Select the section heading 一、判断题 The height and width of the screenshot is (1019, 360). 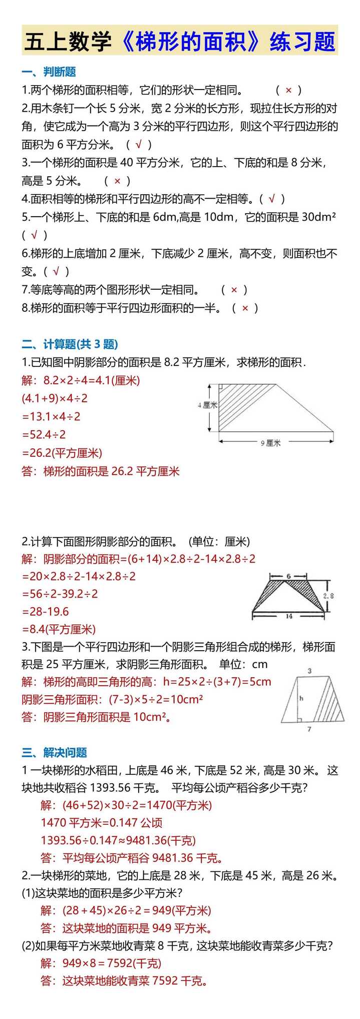(x=49, y=72)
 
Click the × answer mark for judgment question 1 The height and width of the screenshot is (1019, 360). (x=288, y=90)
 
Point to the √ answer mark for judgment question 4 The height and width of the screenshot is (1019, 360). (x=272, y=199)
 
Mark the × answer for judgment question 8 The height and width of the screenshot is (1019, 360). (x=245, y=308)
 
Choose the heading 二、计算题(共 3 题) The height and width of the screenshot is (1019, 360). (x=70, y=344)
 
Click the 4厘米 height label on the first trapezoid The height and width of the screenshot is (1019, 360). (x=207, y=405)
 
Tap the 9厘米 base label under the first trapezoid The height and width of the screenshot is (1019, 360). (x=271, y=443)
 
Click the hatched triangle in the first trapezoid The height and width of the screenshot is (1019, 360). (x=235, y=400)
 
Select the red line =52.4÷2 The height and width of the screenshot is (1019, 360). (x=44, y=434)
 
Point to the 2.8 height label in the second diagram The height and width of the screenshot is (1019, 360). (x=328, y=596)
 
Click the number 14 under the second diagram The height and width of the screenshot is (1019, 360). (x=289, y=616)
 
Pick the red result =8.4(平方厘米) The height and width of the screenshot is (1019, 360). (x=59, y=629)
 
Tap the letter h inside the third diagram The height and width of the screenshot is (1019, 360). (x=301, y=698)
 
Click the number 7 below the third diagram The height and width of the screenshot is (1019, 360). (x=309, y=729)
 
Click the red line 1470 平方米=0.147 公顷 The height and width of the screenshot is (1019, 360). (x=102, y=822)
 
